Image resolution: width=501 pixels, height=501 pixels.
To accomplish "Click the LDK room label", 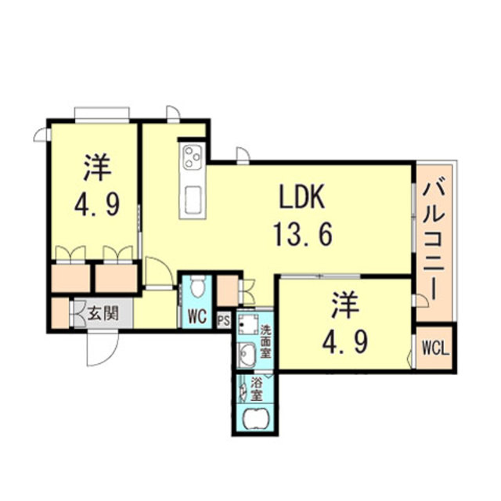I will (303, 198).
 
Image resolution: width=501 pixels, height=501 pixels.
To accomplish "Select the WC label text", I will (196, 317).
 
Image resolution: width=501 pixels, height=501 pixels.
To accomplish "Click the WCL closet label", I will (434, 348).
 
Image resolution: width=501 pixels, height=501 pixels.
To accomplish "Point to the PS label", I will (222, 319).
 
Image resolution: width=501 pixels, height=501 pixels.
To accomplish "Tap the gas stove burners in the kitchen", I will (193, 157).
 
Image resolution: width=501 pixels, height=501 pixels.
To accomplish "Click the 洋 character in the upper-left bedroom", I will (97, 168).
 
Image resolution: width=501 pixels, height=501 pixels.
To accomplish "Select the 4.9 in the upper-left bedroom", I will (97, 205).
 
